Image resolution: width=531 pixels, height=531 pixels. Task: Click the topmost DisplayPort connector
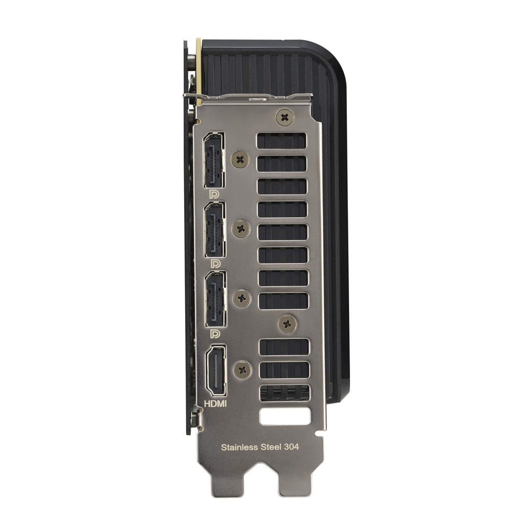tap(213, 160)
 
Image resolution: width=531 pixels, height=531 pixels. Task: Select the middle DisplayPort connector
tap(215, 230)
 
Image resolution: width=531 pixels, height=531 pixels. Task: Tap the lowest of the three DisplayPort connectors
tap(215, 299)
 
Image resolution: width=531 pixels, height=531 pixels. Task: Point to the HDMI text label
tap(215, 403)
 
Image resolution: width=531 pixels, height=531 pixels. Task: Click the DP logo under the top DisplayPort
tap(214, 194)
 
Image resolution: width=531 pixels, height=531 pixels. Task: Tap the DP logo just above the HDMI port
tap(215, 334)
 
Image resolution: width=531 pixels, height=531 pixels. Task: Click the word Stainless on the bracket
tap(240, 448)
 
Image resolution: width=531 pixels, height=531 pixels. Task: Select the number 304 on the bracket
tap(291, 446)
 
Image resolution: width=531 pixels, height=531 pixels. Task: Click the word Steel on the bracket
tap(271, 447)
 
